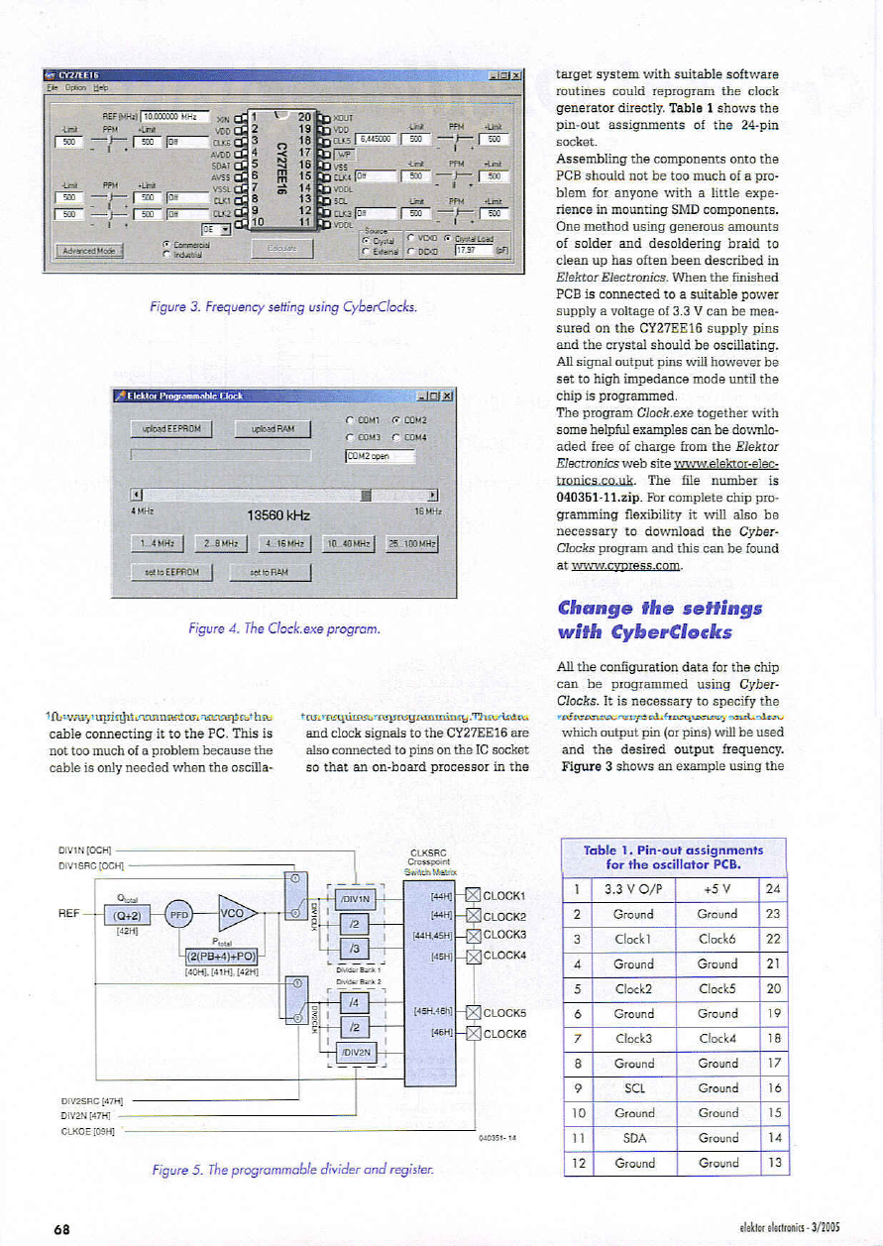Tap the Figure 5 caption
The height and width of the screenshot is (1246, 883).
pyautogui.click(x=292, y=1170)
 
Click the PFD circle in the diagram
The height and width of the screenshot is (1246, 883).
pyautogui.click(x=179, y=914)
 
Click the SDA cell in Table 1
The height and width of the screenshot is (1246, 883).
pyautogui.click(x=634, y=1138)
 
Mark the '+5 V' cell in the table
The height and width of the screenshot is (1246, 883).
pyautogui.click(x=717, y=889)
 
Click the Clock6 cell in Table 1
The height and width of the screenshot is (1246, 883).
pyautogui.click(x=717, y=939)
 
